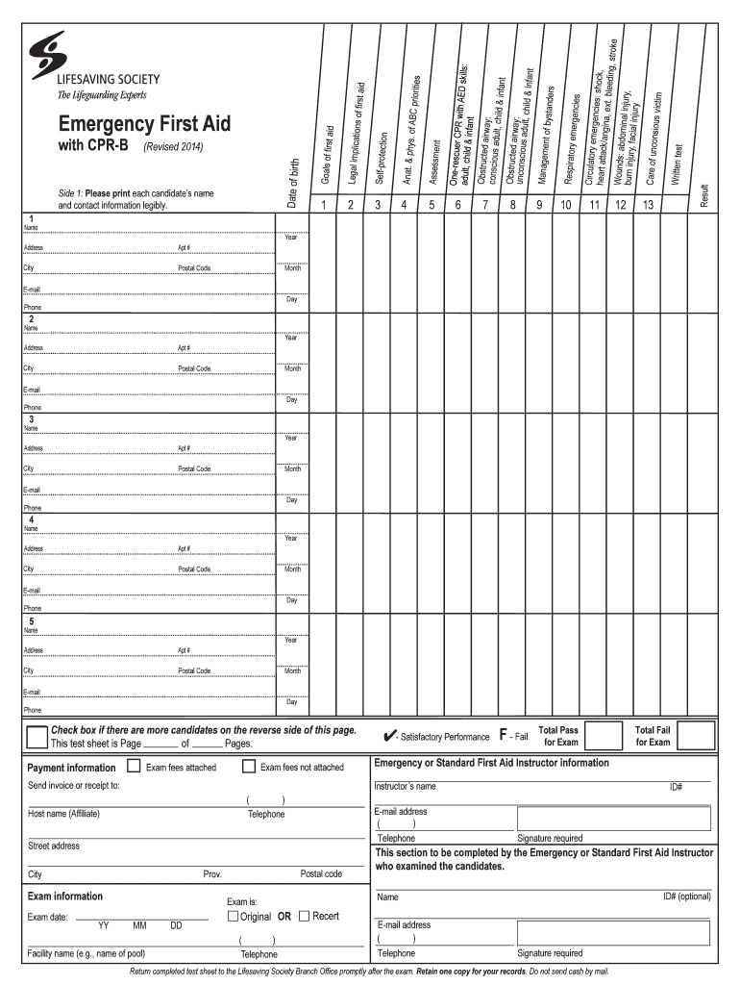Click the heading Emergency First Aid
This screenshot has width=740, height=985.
[x=144, y=124]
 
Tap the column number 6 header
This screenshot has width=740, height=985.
[x=457, y=204]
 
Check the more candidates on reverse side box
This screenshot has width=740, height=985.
[x=37, y=737]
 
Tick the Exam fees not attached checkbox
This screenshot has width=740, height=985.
[x=248, y=767]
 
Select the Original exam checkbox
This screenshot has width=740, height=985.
[x=233, y=916]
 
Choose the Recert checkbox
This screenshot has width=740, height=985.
[x=304, y=916]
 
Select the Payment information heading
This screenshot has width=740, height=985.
[x=72, y=768]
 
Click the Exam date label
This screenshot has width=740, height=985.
[x=47, y=917]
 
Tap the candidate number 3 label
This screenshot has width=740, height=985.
[x=32, y=419]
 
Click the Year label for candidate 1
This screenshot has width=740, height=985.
[x=291, y=237]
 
